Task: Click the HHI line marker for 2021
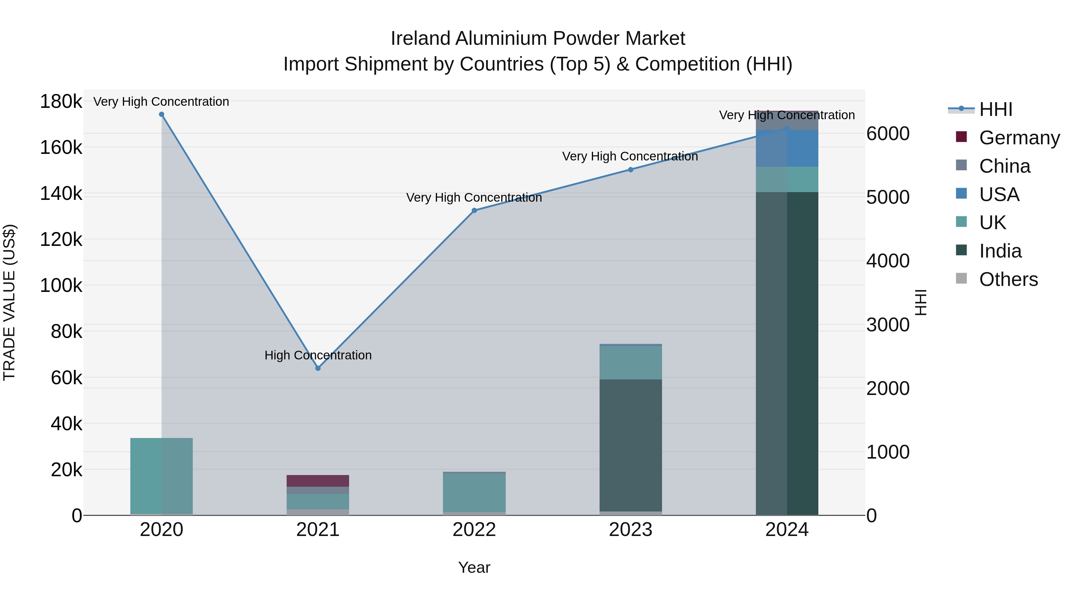[x=318, y=368]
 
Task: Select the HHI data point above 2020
[x=162, y=114]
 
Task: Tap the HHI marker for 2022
[x=474, y=210]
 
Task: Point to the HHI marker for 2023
[x=631, y=169]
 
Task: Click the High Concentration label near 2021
[x=318, y=355]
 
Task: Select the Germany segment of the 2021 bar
[x=318, y=481]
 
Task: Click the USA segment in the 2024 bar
[x=787, y=149]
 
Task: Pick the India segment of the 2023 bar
[x=631, y=445]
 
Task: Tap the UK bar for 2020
[x=162, y=476]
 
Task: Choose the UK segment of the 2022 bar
[x=474, y=493]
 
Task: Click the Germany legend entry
[x=1019, y=138]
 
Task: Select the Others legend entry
[x=1008, y=279]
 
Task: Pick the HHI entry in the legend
[x=996, y=109]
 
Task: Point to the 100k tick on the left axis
[x=61, y=286]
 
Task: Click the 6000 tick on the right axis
[x=888, y=134]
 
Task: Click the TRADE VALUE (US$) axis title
[x=10, y=302]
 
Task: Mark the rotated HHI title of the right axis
[x=921, y=302]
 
